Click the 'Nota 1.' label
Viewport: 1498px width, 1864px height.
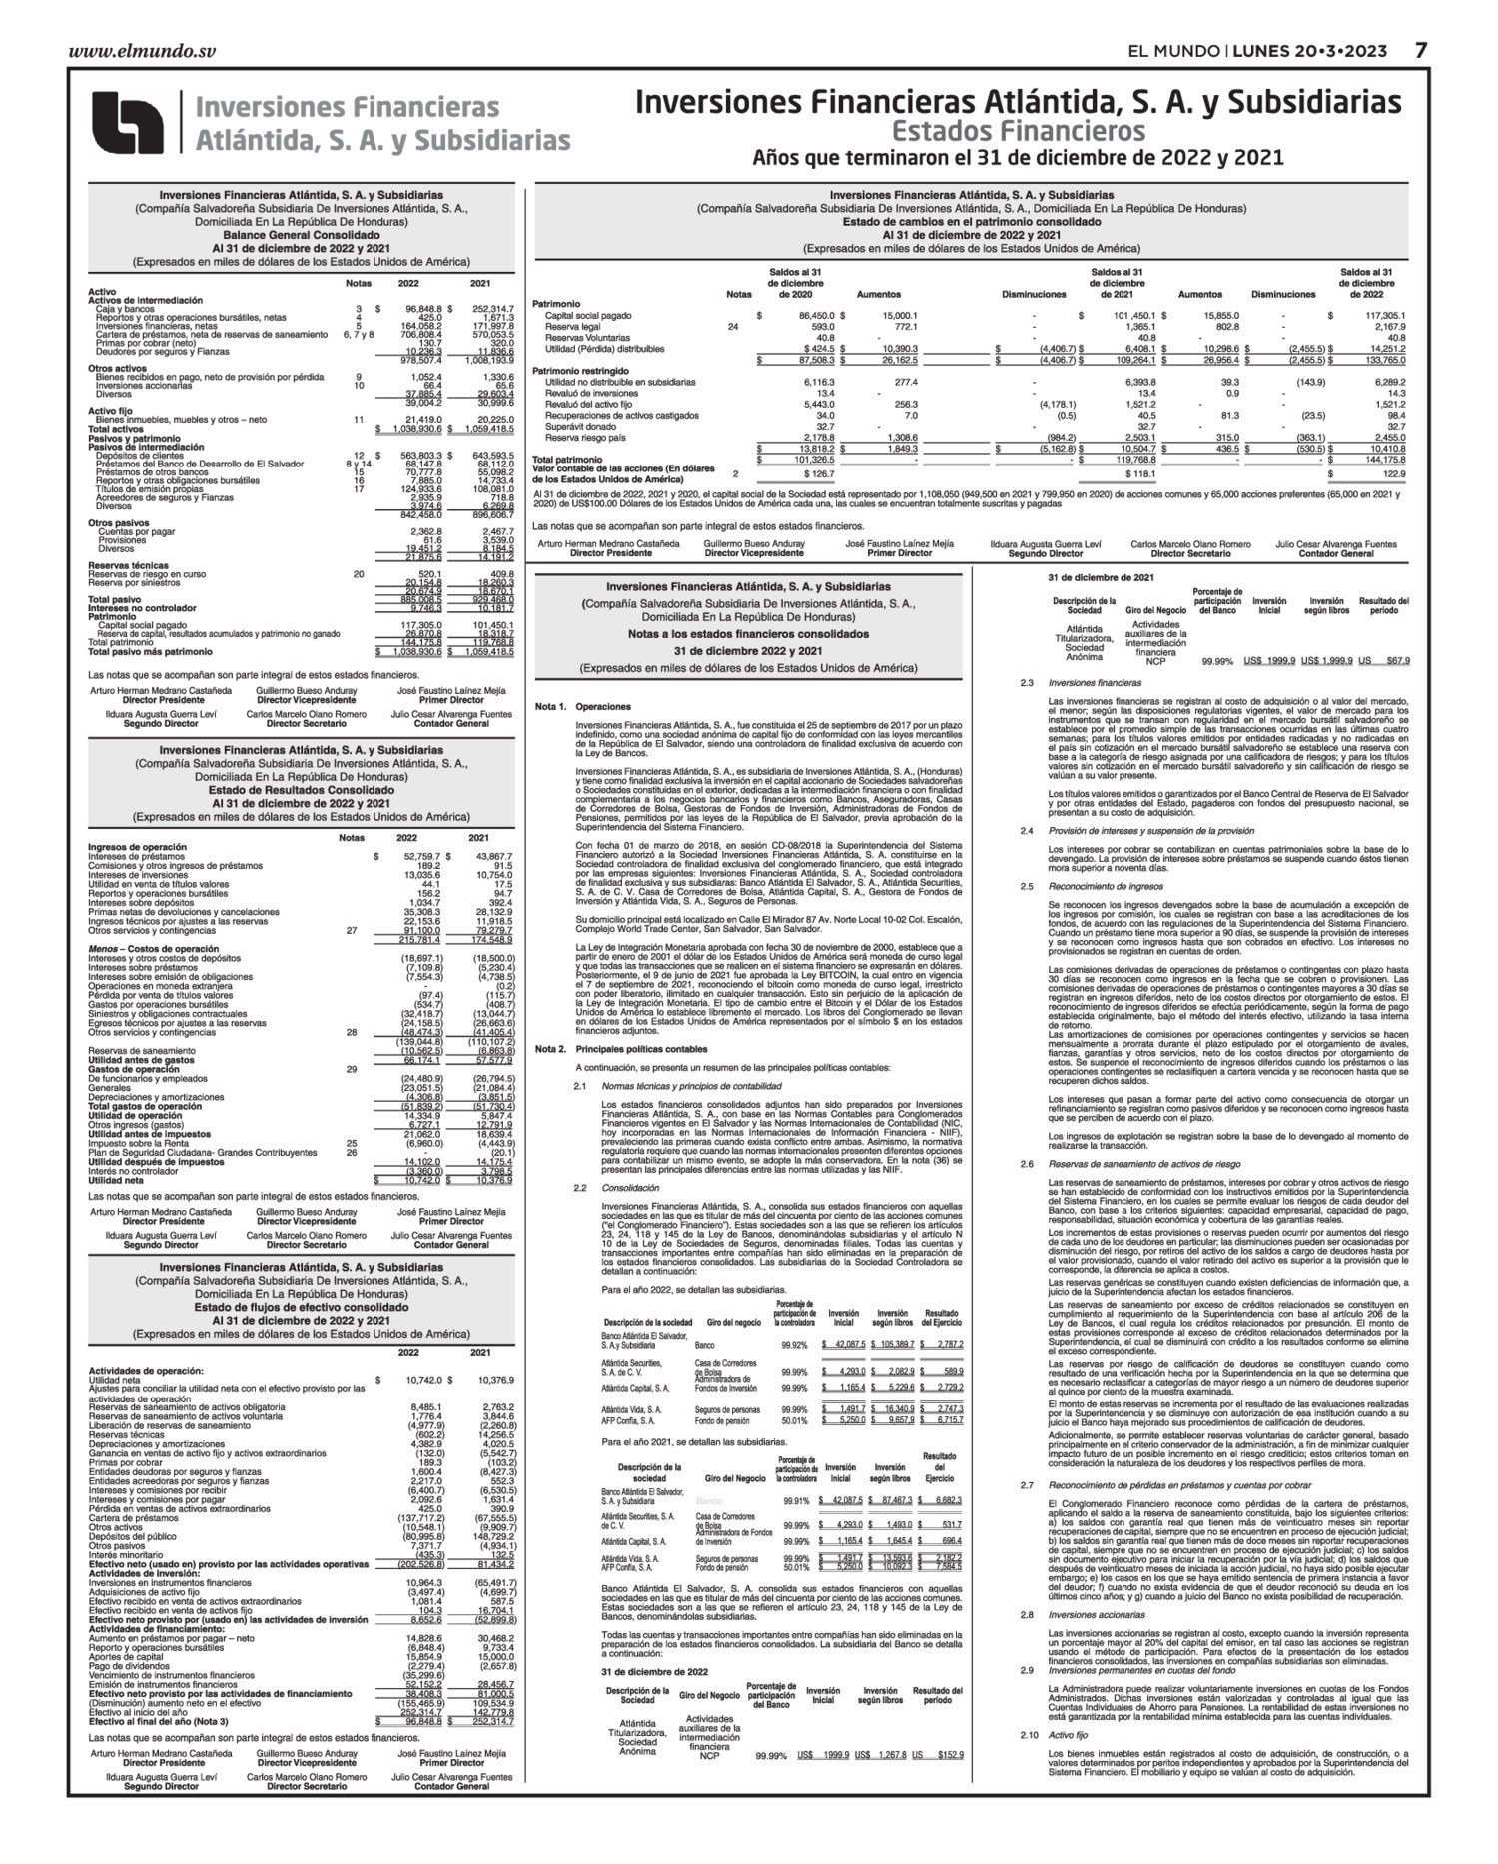[550, 707]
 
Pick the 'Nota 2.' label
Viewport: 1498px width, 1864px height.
[550, 1049]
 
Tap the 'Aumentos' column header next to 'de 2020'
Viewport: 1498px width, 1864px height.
[879, 295]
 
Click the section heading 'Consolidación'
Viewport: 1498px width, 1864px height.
[630, 1188]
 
